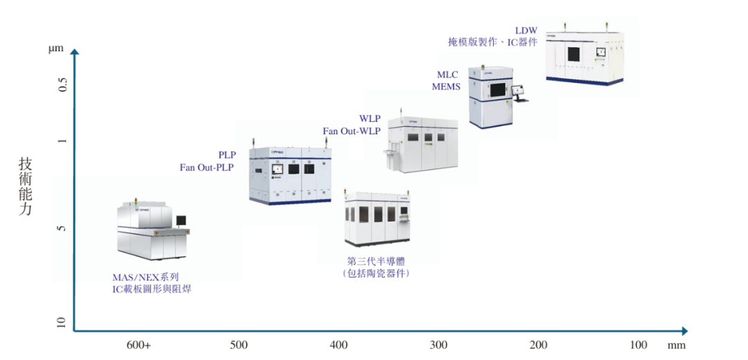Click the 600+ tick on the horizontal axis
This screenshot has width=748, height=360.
point(139,345)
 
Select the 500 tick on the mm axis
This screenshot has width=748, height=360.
point(238,345)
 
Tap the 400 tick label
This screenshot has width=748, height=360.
point(339,345)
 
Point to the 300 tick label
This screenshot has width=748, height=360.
point(438,345)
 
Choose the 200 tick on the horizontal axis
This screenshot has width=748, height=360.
point(539,345)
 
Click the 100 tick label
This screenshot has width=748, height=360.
point(639,345)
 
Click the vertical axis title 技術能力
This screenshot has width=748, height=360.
point(26,186)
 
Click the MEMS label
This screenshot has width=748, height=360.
point(446,87)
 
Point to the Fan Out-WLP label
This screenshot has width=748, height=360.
point(352,131)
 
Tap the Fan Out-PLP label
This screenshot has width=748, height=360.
point(207,168)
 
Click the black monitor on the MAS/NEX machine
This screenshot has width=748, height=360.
point(181,220)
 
